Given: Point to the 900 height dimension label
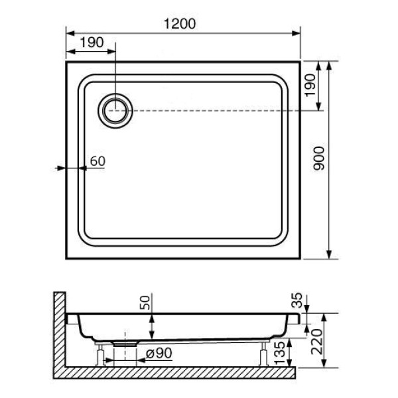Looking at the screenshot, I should point(318,160).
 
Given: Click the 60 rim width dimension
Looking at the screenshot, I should point(97,161).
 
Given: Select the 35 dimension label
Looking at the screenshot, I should point(296,302).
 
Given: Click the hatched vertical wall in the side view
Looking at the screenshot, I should point(58,332).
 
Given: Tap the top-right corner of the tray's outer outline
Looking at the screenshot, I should point(300,62).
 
